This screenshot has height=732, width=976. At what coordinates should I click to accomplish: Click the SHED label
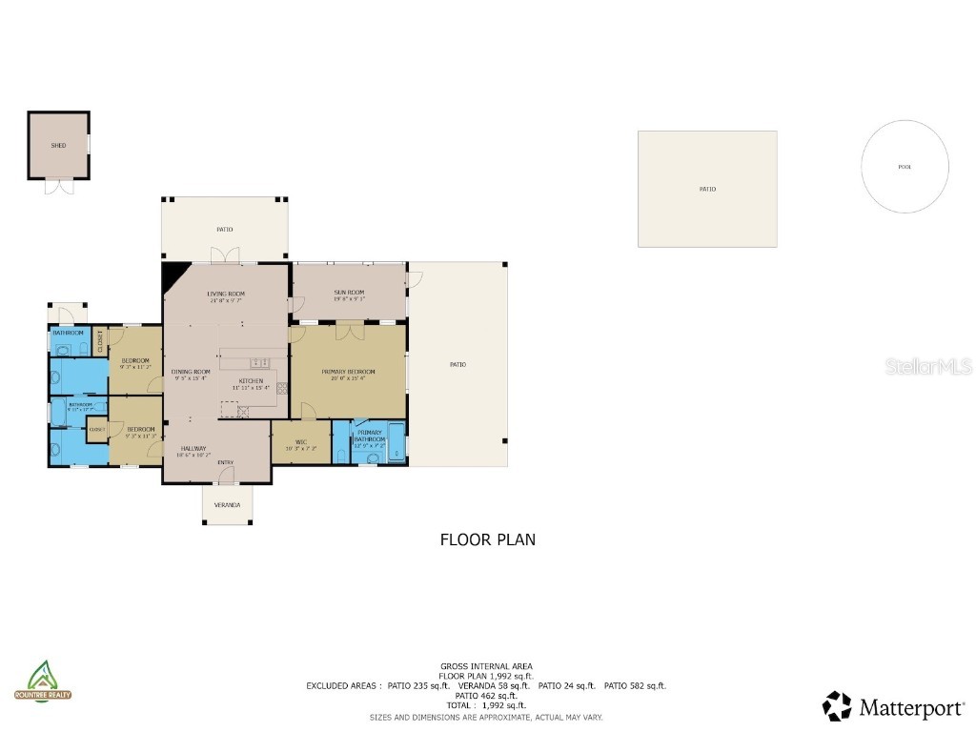[58, 146]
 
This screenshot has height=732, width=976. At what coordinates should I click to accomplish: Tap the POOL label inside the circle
[905, 167]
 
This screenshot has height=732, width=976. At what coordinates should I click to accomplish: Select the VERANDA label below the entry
[227, 504]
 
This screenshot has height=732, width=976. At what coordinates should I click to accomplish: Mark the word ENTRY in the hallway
[225, 463]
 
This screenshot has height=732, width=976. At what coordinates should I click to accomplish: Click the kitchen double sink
[259, 363]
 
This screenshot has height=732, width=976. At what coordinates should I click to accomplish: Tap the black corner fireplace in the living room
[173, 275]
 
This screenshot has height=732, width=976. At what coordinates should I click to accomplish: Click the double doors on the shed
[58, 186]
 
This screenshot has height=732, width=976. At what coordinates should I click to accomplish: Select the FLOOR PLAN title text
[487, 539]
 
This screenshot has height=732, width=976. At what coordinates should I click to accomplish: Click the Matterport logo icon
[837, 706]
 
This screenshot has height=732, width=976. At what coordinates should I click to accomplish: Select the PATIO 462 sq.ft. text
[486, 696]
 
